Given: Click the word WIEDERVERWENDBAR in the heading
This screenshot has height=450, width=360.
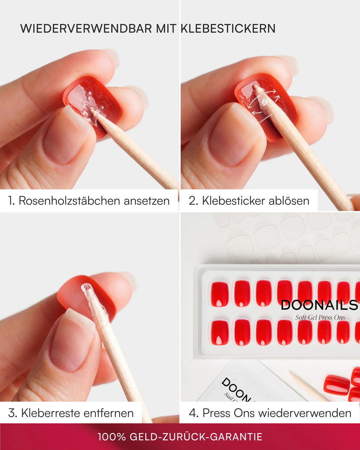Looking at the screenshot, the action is [x=86, y=28].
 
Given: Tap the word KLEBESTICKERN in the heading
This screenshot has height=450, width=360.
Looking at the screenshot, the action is [x=228, y=28].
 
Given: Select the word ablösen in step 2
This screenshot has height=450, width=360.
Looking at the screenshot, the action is [x=289, y=201].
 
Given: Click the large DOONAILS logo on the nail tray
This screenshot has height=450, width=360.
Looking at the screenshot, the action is [x=320, y=305].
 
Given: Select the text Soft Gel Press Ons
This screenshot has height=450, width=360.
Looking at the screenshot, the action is [x=320, y=317].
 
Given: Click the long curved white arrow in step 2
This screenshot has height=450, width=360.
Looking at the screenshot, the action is [x=262, y=98].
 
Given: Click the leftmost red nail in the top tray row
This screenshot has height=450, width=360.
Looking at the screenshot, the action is [x=219, y=294].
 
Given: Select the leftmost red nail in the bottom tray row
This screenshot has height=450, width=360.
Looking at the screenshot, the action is [x=219, y=333].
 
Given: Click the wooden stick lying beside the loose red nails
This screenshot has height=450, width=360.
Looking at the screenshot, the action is [x=309, y=386].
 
